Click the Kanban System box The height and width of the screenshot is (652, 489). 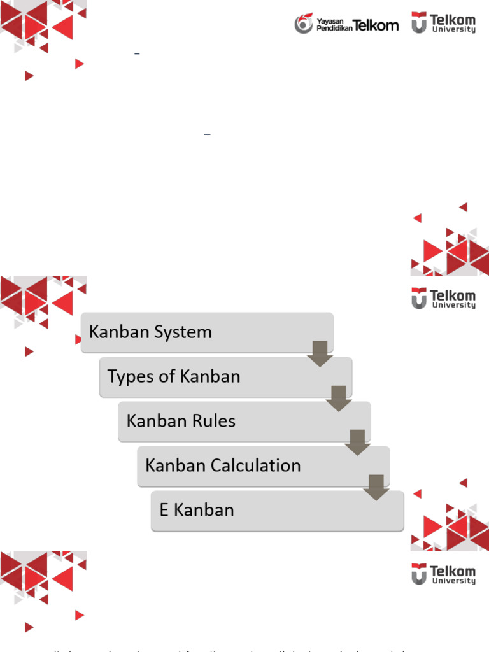[207, 332]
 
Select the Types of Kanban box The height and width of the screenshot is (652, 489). [225, 376]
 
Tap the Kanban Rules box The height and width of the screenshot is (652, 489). [244, 421]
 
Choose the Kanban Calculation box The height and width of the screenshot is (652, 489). [263, 465]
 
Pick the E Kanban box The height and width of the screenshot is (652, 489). [277, 510]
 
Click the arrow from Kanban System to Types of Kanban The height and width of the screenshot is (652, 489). [320, 353]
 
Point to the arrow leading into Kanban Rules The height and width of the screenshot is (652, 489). [339, 398]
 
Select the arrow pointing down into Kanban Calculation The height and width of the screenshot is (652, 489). [358, 442]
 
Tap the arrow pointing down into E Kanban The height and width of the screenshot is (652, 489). [376, 486]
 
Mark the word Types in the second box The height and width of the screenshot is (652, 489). [131, 377]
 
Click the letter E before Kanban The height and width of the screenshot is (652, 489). [164, 510]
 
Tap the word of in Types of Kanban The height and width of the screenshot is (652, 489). [167, 376]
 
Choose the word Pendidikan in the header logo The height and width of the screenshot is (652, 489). [334, 29]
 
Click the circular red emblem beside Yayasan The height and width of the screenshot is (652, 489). [304, 24]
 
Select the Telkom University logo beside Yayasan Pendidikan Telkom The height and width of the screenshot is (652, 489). [443, 23]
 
